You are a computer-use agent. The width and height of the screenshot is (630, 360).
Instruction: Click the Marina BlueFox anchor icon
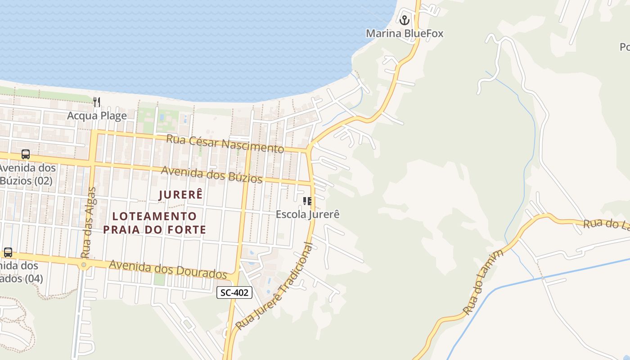pyautogui.click(x=404, y=20)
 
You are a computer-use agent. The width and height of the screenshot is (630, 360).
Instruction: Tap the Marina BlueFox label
pyautogui.click(x=404, y=33)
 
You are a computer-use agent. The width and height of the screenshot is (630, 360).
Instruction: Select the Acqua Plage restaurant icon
pyautogui.click(x=97, y=102)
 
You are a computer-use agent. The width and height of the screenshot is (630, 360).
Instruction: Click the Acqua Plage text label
pyautogui.click(x=97, y=116)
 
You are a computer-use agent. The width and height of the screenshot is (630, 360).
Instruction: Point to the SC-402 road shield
pyautogui.click(x=234, y=292)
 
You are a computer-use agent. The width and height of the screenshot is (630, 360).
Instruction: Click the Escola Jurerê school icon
pyautogui.click(x=307, y=201)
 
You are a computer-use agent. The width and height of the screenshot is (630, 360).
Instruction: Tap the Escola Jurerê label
pyautogui.click(x=307, y=214)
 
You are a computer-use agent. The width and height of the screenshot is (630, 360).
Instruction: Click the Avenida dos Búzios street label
pyautogui.click(x=211, y=175)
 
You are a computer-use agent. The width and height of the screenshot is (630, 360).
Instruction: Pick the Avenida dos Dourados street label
pyautogui.click(x=168, y=269)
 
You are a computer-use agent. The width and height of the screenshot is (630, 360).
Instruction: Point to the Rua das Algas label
pyautogui.click(x=88, y=223)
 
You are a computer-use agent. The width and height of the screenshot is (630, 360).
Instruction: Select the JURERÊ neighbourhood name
pyautogui.click(x=180, y=195)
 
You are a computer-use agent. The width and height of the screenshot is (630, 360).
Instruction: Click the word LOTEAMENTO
pyautogui.click(x=154, y=216)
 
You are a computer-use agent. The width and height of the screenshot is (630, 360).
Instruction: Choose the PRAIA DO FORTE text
pyautogui.click(x=154, y=229)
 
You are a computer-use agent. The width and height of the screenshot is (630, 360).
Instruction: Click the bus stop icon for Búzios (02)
pyautogui.click(x=26, y=154)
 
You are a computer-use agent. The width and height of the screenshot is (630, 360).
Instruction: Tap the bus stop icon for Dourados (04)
pyautogui.click(x=8, y=252)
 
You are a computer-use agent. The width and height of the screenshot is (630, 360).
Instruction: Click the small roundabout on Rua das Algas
pyautogui.click(x=83, y=265)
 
